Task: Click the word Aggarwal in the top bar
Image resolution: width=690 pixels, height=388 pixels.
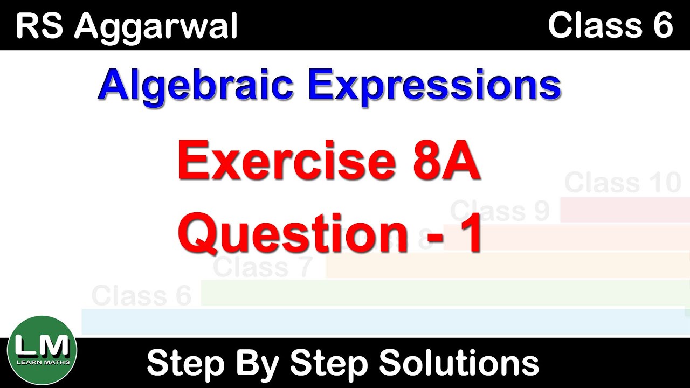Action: [x=156, y=27]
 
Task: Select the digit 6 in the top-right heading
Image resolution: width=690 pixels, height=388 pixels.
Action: [x=663, y=25]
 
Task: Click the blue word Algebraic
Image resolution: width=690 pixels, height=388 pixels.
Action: [x=195, y=86]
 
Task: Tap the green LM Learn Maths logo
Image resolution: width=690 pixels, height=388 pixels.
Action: [x=43, y=351]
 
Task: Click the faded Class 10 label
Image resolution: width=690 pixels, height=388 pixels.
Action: [x=623, y=183]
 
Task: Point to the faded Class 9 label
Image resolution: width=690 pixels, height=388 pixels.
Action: [x=499, y=211]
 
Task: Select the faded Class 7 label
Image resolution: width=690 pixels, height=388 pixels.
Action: [x=263, y=267]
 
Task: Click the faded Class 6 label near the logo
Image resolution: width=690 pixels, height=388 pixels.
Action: [x=141, y=296]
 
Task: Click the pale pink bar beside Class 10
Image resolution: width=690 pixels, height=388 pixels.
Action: [x=625, y=210]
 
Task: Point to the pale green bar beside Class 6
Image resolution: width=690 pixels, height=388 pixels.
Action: [x=442, y=293]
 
